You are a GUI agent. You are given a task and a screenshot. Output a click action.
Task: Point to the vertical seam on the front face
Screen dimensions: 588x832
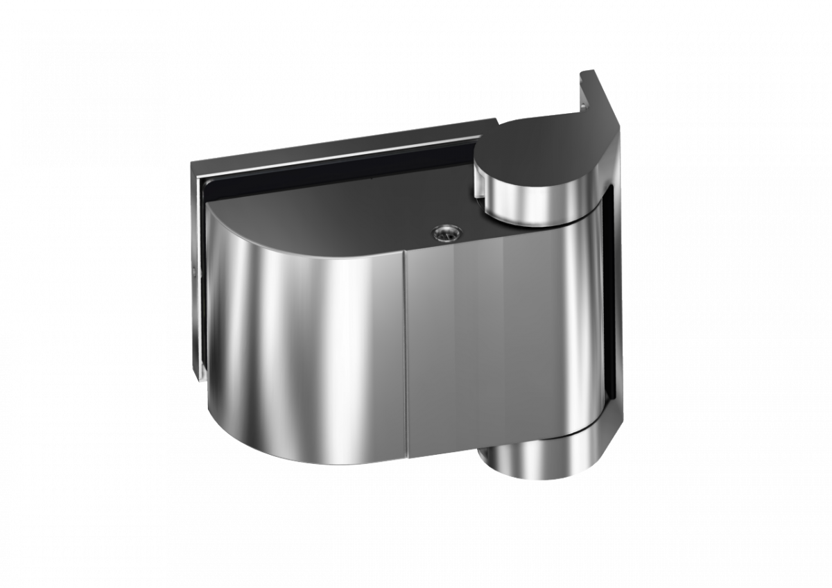pos(406,347)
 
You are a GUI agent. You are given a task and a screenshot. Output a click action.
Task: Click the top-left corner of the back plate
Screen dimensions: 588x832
pos(193,161)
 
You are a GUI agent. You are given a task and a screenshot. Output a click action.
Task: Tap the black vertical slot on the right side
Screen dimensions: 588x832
pos(610,291)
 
